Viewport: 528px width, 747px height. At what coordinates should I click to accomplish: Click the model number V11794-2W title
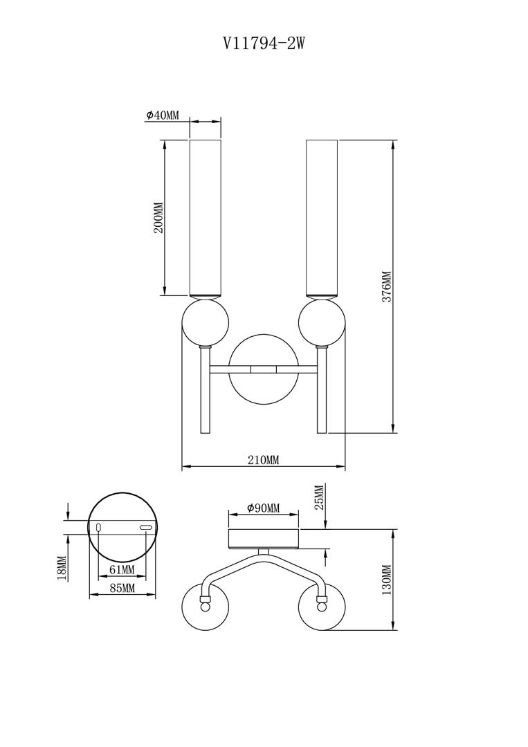click(264, 44)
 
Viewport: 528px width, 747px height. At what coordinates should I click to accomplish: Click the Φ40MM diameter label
click(163, 116)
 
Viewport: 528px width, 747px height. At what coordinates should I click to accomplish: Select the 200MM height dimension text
click(158, 218)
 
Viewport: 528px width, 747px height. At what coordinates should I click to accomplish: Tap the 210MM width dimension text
click(263, 460)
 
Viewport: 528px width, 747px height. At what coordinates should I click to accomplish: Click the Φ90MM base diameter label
click(264, 508)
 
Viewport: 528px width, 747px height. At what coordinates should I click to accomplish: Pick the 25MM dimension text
click(319, 496)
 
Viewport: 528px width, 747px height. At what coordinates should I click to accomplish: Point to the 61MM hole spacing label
click(122, 570)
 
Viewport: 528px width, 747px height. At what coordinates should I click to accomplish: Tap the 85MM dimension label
click(122, 589)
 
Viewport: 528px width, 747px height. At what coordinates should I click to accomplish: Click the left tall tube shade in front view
click(206, 218)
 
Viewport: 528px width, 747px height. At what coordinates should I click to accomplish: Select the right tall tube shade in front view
click(322, 218)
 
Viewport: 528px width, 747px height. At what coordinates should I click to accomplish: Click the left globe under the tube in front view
click(206, 322)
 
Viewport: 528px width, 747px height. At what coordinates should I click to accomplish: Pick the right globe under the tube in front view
click(322, 322)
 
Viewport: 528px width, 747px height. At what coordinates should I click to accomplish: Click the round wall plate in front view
click(264, 369)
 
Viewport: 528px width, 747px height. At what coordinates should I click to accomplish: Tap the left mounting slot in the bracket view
click(100, 527)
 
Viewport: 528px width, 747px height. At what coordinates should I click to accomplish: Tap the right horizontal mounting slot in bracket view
click(145, 527)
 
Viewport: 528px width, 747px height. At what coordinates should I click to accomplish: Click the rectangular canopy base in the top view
click(264, 539)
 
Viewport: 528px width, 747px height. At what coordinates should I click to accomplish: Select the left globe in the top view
click(206, 607)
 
